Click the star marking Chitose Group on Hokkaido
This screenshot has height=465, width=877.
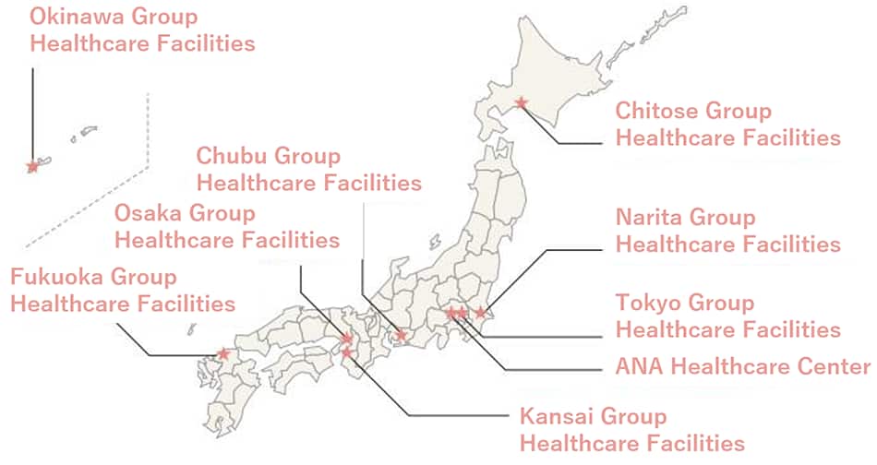point(521,102)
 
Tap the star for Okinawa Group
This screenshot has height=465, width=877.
point(32,167)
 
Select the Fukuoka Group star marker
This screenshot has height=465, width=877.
point(223,353)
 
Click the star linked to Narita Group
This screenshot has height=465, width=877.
point(480,313)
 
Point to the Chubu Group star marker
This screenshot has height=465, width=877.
point(402,335)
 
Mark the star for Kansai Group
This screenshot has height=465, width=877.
point(346,352)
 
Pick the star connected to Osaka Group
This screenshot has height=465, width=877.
point(347,339)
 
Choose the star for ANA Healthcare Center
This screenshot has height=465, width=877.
point(451,314)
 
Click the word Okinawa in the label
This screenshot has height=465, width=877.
point(75,16)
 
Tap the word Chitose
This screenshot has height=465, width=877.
point(656,112)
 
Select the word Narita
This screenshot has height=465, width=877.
point(649,218)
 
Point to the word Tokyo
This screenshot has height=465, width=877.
point(645,303)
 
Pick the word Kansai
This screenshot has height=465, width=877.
point(555,415)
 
